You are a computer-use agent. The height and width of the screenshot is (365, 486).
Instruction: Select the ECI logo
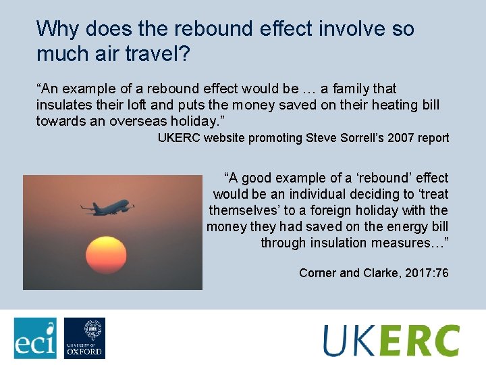pos(35,337)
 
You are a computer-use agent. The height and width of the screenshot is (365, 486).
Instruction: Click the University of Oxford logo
pos(84,337)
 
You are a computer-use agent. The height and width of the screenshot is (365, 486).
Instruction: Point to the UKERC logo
pos(391,339)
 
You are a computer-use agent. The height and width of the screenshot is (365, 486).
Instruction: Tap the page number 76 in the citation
pos(441,273)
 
